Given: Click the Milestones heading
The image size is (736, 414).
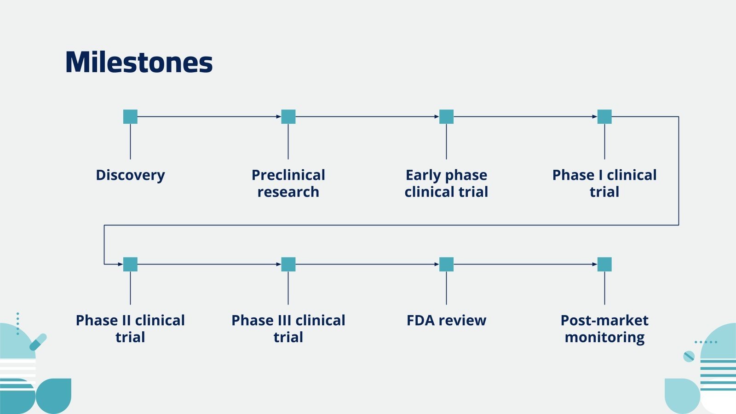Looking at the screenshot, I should click(139, 63).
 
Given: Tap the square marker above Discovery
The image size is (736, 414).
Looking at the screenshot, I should click(130, 117).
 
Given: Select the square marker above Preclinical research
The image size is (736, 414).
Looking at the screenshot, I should click(288, 117).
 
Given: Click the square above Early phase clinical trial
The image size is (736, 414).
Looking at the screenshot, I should click(446, 117).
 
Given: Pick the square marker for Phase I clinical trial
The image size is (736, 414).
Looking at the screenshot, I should click(604, 117).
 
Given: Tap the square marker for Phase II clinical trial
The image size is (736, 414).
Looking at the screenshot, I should click(130, 264).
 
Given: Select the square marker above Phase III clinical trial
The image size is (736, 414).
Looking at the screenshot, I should click(288, 264).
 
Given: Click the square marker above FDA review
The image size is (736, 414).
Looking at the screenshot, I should click(446, 264).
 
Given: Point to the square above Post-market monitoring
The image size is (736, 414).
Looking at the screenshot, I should click(604, 264).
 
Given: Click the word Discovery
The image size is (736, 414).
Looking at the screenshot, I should click(130, 175).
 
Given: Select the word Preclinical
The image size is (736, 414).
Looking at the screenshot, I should click(288, 175).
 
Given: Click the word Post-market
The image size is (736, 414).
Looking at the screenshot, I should click(604, 321).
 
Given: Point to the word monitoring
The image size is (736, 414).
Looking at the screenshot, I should click(604, 338).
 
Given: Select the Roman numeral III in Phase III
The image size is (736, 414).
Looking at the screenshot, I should click(284, 321).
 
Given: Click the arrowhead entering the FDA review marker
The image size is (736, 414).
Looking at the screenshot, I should click(437, 264).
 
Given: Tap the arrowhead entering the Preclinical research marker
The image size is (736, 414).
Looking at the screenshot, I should click(278, 117).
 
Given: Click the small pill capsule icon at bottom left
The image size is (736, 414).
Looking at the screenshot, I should click(38, 342).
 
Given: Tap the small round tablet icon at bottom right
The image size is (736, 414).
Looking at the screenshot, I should click(689, 356).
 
